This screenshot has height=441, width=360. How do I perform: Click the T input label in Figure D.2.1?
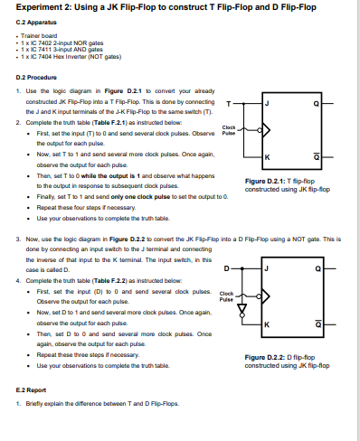(228, 102)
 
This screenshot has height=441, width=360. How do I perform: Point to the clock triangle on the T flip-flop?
(264, 130)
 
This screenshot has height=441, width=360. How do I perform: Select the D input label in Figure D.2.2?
(228, 267)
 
